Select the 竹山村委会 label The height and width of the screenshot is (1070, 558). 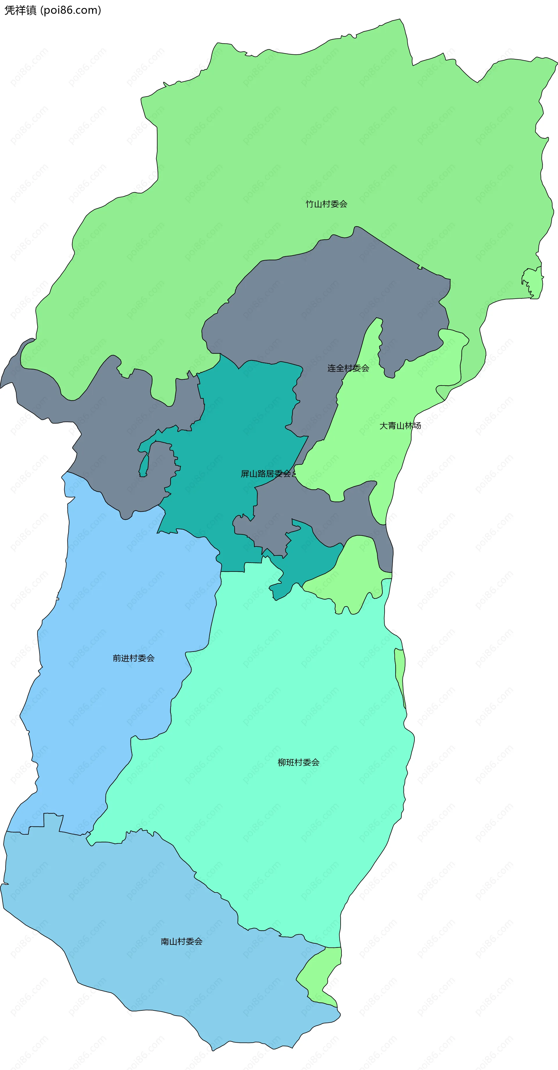point(326,204)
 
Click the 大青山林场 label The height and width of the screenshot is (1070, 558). point(400,426)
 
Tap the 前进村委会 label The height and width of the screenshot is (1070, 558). point(133,658)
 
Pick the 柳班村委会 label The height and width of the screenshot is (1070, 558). point(298,762)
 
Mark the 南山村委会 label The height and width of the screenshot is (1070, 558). point(182,941)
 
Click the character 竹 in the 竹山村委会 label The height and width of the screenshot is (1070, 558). point(310,204)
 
